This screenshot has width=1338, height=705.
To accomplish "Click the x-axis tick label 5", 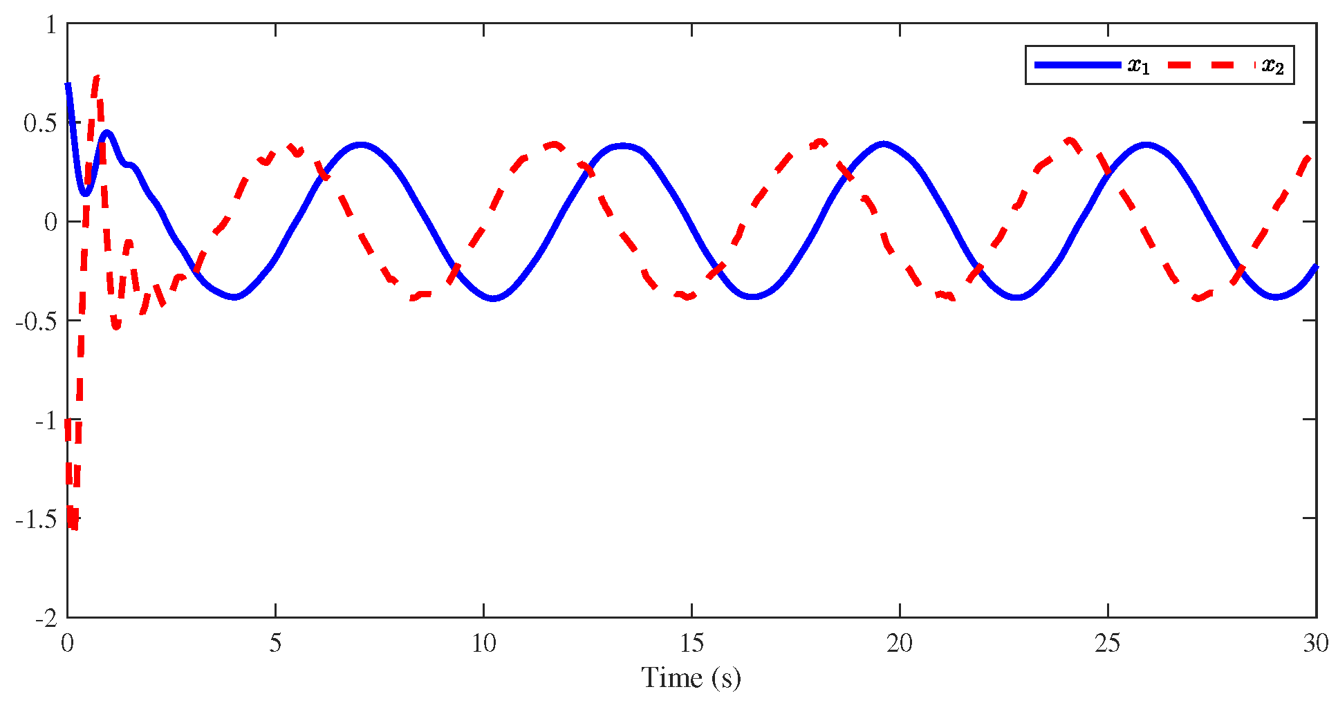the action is tap(275, 643).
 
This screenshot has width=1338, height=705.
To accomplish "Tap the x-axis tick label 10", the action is tap(484, 643).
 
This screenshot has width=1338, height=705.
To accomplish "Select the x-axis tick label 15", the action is tap(692, 643).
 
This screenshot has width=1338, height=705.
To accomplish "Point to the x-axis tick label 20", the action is tap(900, 643).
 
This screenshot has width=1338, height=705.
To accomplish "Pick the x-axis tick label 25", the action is tap(1108, 643).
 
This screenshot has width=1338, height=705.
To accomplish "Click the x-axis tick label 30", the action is tap(1317, 643).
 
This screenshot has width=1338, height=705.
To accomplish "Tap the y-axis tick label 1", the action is tap(51, 25).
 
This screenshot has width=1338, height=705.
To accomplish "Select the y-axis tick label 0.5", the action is tap(40, 123).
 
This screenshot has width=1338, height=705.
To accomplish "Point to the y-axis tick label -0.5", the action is tap(36, 321).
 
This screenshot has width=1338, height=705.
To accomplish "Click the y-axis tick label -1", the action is tap(46, 420).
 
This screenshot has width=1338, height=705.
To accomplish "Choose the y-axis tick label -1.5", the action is tap(36, 519).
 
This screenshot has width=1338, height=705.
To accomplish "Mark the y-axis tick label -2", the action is tap(46, 618).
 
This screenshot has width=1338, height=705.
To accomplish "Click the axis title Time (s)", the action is tap(691, 678).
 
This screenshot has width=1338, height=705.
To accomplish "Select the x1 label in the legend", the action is tap(1138, 66).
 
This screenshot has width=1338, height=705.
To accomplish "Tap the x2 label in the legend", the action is tap(1272, 66).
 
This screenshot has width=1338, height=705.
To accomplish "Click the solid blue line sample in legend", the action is tap(1077, 65).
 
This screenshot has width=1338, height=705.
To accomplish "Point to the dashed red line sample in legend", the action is tap(1211, 65).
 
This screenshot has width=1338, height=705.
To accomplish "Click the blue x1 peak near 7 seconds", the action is tap(360, 145).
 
